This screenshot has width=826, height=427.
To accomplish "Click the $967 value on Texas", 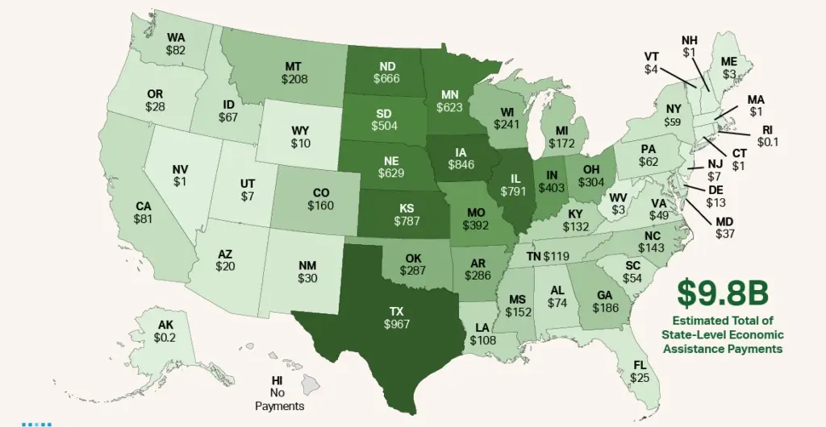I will tap(396, 324).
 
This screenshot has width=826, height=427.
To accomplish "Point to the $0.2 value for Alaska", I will tap(166, 338).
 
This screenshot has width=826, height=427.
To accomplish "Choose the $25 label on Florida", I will tap(640, 377).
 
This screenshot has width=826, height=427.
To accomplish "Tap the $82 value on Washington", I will tap(176, 50).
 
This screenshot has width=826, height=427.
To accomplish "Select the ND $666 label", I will tap(387, 72).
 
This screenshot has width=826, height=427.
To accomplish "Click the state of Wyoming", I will tap(300, 135).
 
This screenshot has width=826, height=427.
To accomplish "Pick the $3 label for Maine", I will tap(728, 73).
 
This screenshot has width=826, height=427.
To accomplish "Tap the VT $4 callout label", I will tap(652, 63).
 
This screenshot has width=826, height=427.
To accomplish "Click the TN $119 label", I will tap(548, 256).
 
